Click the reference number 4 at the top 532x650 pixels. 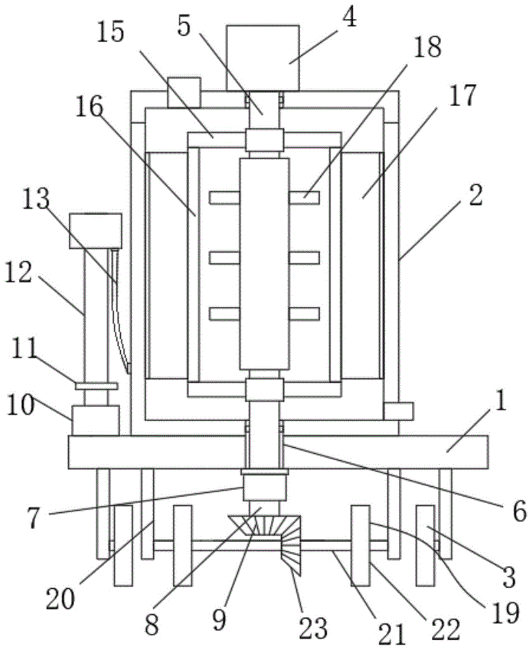coord(349,18)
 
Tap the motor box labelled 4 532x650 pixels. coord(262,58)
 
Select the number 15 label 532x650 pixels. coord(112,32)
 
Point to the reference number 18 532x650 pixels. coord(426,47)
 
